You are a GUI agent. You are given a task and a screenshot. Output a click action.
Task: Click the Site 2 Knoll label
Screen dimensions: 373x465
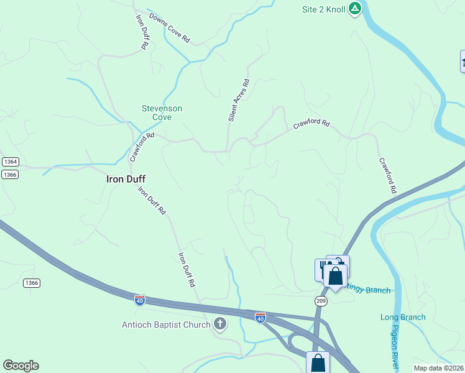tap(323, 9)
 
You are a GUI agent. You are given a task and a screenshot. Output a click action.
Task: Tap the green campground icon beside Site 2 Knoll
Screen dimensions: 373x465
tap(354, 9)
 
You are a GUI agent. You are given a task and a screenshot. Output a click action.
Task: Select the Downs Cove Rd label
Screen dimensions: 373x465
tap(168, 27)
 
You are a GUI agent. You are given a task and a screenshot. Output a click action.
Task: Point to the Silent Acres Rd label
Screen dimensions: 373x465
tap(238, 99)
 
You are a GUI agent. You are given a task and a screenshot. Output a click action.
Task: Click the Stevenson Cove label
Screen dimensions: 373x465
tap(162, 113)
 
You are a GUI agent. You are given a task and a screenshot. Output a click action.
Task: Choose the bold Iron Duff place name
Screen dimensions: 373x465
tap(126, 178)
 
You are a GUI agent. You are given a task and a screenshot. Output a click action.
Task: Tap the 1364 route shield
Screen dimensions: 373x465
tap(10, 162)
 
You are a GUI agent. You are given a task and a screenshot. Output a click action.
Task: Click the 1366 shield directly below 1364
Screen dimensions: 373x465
tap(10, 175)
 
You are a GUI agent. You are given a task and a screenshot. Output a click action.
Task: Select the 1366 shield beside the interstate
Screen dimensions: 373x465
tap(32, 283)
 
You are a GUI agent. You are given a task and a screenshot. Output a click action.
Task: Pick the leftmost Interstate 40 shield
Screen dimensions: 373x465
tap(140, 300)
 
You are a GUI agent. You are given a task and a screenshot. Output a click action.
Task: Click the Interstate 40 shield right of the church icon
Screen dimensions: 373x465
tap(260, 318)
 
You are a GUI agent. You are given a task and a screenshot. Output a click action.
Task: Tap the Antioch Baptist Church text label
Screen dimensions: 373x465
tap(166, 324)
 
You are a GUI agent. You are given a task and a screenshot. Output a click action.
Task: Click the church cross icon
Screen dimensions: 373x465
tap(219, 323)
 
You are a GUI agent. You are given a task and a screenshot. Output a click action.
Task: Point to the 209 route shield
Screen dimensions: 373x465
tap(320, 301)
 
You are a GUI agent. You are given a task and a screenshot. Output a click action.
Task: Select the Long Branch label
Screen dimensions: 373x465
tap(403, 317)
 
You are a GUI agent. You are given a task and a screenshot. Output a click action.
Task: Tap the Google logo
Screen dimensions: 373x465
tap(21, 366)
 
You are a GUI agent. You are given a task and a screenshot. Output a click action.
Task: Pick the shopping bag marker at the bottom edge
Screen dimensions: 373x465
tap(318, 362)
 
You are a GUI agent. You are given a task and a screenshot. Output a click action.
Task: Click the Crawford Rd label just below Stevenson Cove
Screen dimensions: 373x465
tap(142, 147)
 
